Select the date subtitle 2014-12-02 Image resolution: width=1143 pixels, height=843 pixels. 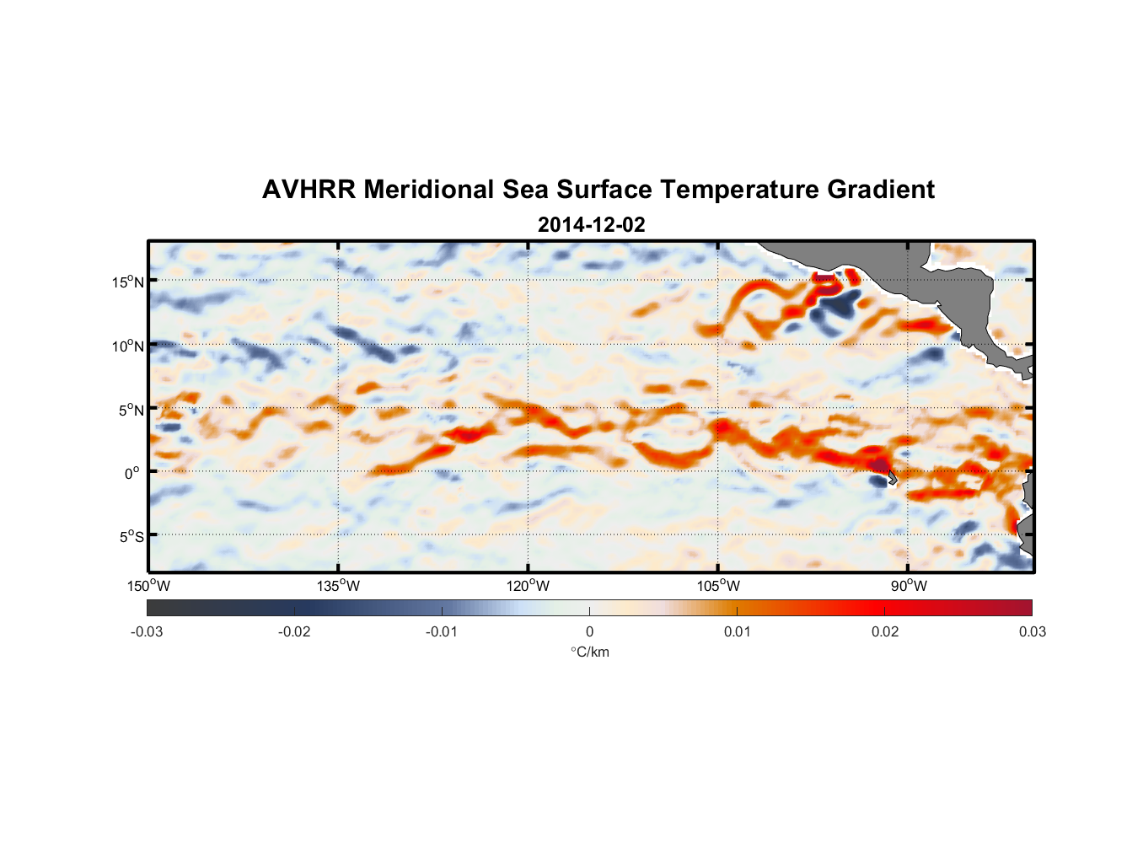pos(591,225)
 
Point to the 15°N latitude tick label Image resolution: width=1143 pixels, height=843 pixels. pos(128,282)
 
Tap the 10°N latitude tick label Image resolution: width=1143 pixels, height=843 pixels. pos(128,346)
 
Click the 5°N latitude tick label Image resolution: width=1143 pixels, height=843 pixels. pos(131,410)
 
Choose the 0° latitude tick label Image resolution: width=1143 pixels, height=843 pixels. pos(132,473)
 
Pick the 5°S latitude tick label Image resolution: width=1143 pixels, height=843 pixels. pos(131,537)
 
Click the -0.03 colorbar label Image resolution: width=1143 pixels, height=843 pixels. pos(147,632)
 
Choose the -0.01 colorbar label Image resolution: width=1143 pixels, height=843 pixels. pos(442,632)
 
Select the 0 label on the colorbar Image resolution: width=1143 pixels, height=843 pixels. pos(589,632)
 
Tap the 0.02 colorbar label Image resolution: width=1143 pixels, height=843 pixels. pos(885,632)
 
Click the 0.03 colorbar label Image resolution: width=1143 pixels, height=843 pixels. pos(1032,632)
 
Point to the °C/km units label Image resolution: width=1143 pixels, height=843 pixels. pos(590,652)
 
